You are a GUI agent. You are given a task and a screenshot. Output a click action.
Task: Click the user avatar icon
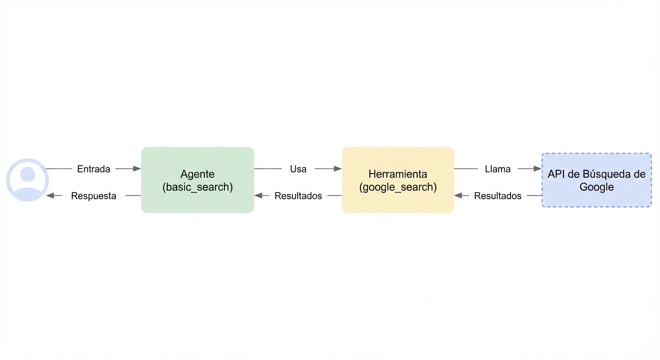pos(27,180)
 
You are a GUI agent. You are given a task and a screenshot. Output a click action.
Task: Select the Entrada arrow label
pos(93,169)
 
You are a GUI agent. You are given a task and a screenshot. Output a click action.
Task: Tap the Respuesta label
pos(93,196)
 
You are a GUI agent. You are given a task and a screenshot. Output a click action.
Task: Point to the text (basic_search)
pos(197,187)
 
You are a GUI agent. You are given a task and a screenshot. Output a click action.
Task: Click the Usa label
pos(298,169)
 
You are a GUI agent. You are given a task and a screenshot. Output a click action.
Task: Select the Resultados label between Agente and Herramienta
pos(298,196)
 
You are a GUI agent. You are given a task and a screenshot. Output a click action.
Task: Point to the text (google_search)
pos(397,187)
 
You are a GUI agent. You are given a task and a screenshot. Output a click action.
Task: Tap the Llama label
pos(497,169)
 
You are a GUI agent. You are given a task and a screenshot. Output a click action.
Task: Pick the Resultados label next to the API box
pos(497,196)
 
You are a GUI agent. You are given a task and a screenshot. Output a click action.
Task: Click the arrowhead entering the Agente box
pos(137,169)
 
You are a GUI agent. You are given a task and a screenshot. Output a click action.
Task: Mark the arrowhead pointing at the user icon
pos(50,196)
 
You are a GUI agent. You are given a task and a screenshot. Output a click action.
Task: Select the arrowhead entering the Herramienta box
pos(337,169)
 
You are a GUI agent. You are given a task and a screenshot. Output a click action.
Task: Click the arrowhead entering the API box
pos(537,169)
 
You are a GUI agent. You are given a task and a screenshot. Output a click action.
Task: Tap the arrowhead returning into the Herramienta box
pos(458,196)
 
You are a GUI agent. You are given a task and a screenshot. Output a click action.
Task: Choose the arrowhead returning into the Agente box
pos(259,196)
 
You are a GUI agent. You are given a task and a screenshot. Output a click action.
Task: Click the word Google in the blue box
pos(596,187)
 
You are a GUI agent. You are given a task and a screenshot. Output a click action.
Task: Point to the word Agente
pos(197,174)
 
